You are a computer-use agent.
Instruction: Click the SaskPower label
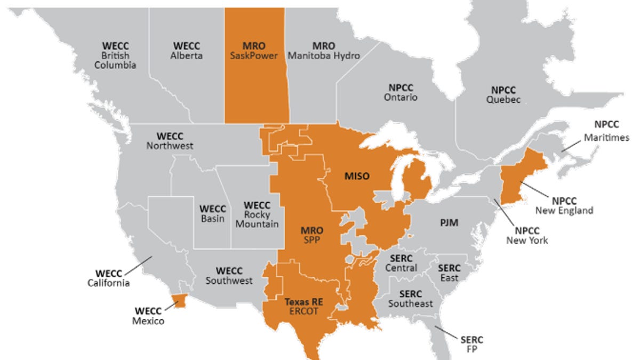point(255,51)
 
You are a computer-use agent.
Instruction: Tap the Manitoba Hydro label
point(324,51)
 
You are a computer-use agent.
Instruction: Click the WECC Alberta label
point(188,51)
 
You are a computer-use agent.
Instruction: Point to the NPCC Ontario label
point(401,92)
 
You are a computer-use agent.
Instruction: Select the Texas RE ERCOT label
point(303,306)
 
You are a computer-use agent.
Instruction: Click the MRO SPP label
point(312,235)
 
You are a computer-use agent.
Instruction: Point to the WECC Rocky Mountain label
point(257,214)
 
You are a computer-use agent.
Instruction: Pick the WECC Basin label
point(212,213)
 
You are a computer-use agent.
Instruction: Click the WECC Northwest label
point(170,140)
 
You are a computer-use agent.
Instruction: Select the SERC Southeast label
point(410,299)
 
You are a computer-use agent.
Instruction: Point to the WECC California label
point(108,278)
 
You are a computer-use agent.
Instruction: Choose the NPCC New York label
point(527,235)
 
